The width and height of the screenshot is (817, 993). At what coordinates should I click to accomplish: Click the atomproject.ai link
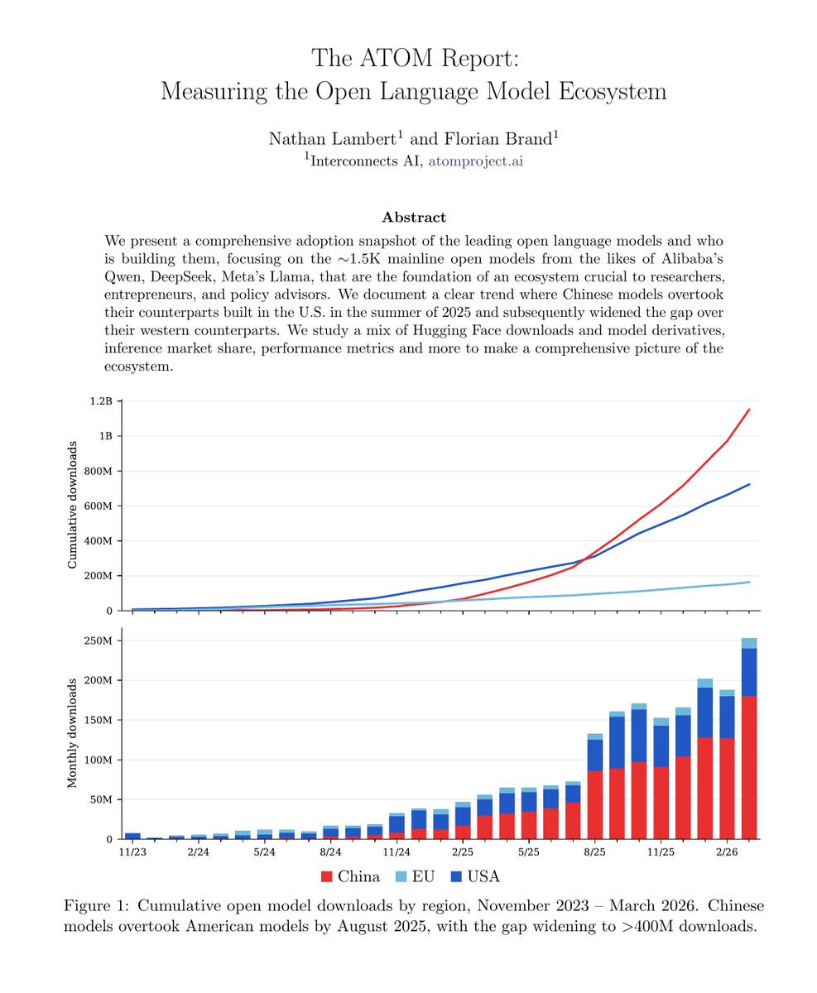(475, 161)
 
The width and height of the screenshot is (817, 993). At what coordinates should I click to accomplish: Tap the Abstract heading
(414, 218)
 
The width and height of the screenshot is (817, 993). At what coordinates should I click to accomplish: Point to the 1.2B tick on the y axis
(99, 401)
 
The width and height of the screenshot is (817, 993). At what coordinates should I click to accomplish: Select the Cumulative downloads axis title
(72, 505)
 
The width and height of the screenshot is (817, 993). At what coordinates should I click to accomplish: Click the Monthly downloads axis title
(72, 732)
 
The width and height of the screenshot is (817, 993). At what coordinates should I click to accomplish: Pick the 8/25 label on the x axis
(594, 851)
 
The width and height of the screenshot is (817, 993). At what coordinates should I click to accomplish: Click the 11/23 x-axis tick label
(132, 851)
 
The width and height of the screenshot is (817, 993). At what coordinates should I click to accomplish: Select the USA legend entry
(474, 876)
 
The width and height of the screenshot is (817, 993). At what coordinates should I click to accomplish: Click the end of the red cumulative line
(749, 409)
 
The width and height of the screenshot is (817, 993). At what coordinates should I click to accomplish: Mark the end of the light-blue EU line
(749, 583)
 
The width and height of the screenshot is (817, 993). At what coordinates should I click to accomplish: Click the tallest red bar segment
(749, 767)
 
